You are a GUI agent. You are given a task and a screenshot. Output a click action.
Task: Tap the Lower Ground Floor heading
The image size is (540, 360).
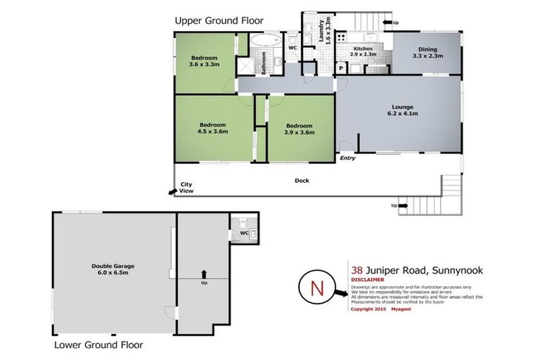point(98,345)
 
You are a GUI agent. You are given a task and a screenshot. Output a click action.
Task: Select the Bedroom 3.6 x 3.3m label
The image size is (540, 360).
point(203,60)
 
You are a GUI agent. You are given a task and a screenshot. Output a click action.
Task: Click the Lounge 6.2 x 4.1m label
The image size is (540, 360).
point(403,110)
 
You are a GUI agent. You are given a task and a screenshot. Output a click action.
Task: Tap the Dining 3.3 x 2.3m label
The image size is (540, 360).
point(427,52)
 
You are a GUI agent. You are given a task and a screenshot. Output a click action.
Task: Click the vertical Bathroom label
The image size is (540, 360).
point(264,63)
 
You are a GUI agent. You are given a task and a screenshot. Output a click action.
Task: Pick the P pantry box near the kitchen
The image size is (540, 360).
point(340,69)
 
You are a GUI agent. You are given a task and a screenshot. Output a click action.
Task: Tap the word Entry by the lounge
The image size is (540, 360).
point(347,158)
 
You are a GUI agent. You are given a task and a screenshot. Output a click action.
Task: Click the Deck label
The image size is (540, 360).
point(302,181)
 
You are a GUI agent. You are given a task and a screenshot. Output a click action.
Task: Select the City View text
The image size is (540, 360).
point(186,188)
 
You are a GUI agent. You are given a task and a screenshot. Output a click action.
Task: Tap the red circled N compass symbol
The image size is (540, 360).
point(315,288)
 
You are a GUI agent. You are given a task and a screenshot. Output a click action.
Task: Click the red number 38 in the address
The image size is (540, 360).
point(357,269)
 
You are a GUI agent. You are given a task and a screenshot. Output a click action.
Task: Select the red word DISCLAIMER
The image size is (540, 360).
point(367,279)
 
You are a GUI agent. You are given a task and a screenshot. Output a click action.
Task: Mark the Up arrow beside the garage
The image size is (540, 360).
point(204,275)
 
